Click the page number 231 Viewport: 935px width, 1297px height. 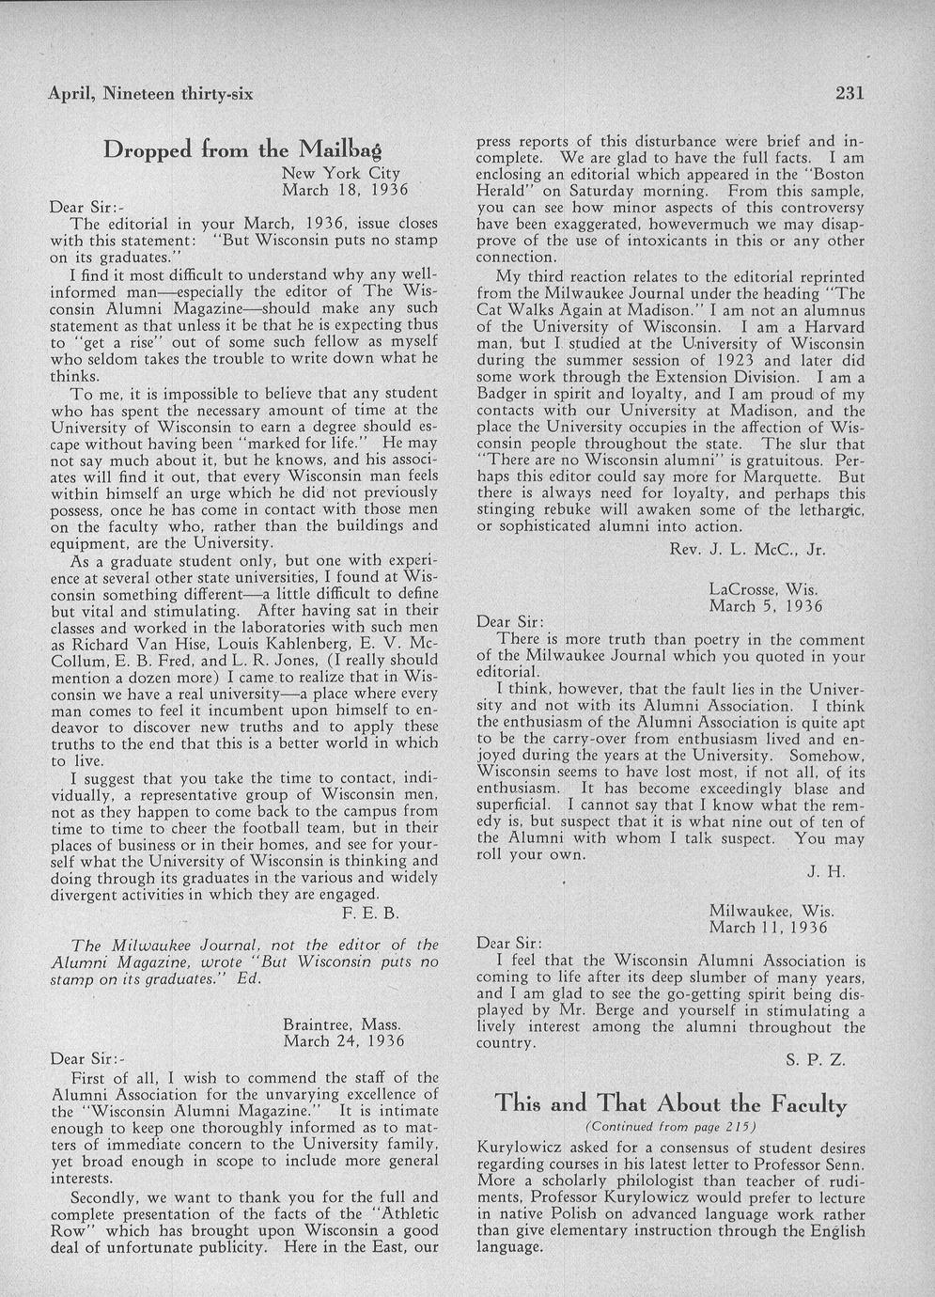point(848,93)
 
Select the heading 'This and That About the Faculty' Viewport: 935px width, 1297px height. point(670,1103)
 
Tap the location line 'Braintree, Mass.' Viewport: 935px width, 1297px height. point(342,1024)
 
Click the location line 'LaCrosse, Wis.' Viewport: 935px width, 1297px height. point(763,590)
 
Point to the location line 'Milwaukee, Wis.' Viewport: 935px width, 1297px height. point(771,911)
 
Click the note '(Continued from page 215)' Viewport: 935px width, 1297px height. point(670,1127)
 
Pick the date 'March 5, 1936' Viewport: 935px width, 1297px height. point(766,606)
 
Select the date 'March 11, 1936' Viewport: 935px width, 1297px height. point(769,927)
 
